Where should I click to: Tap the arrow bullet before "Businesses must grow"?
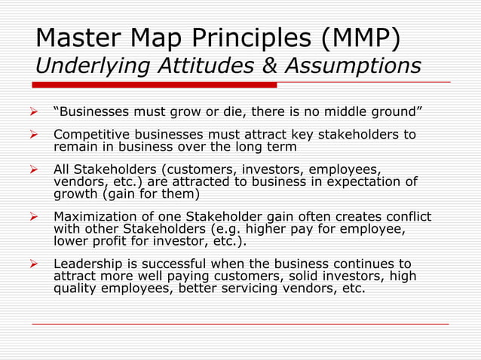coord(34,113)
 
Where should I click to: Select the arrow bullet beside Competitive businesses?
coord(34,135)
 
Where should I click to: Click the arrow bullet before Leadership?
coord(34,264)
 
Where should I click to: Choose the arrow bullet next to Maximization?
coord(34,217)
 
